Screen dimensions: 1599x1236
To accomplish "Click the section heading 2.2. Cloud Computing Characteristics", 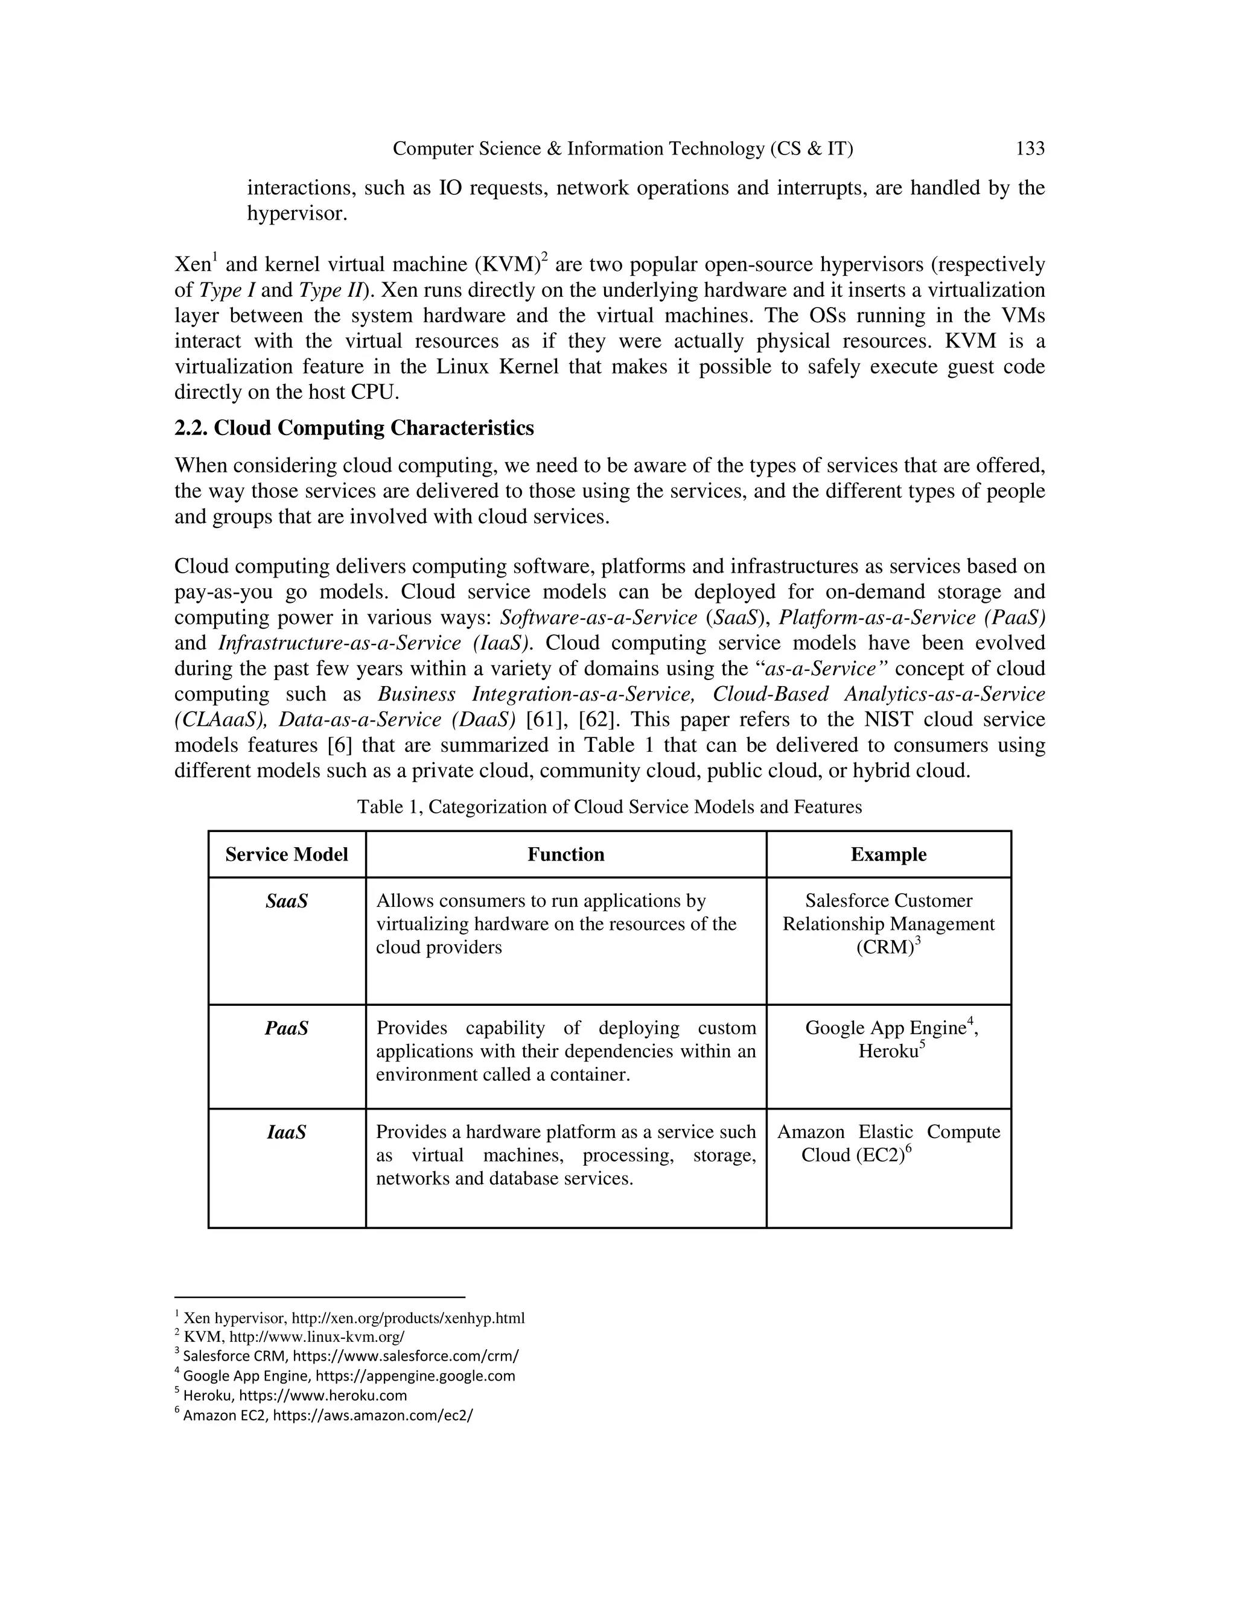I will coord(354,428).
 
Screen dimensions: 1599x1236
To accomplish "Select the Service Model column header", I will coord(286,854).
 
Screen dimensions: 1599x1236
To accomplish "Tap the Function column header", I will coord(565,854).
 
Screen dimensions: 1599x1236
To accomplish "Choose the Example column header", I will coord(888,854).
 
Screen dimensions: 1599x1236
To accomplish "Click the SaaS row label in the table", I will coord(286,901).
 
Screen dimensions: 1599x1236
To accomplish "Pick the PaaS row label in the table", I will coord(286,1029).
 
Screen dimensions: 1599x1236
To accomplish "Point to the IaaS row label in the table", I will coord(286,1133).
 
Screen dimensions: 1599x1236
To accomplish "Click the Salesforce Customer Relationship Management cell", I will coord(888,924).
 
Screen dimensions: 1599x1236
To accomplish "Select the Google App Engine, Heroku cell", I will coord(891,1040).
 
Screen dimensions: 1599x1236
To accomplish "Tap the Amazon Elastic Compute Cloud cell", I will coord(888,1143).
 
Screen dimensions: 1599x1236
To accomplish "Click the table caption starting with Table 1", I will coord(609,807).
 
